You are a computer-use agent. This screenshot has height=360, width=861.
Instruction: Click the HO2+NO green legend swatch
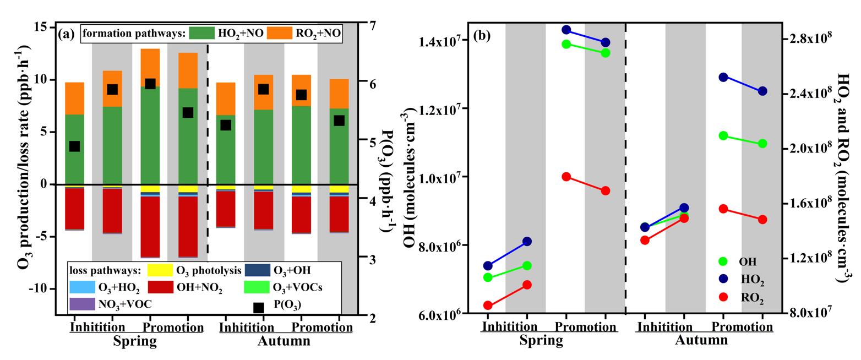point(202,33)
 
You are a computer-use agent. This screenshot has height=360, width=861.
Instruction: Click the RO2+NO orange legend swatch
point(280,33)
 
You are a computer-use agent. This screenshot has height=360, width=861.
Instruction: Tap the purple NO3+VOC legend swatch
point(83,303)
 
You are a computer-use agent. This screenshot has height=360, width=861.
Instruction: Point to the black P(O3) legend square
point(259,308)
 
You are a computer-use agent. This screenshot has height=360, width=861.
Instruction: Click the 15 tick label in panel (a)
point(41,27)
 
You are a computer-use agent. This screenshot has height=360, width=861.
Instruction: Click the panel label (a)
point(66,34)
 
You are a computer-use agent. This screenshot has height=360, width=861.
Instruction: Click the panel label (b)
point(482,36)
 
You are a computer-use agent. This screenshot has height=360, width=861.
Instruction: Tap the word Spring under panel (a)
point(135,341)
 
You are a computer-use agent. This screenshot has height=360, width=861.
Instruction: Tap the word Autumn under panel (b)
point(701,340)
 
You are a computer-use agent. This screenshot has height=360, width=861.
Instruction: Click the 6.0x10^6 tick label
point(438,314)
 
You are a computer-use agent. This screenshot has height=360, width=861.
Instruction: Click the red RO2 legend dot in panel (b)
point(723,297)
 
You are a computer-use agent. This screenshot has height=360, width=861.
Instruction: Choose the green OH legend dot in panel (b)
point(723,261)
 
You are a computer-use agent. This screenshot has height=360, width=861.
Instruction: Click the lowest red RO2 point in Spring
point(488,306)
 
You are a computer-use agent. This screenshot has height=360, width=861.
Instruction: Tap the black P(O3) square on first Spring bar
point(75,146)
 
